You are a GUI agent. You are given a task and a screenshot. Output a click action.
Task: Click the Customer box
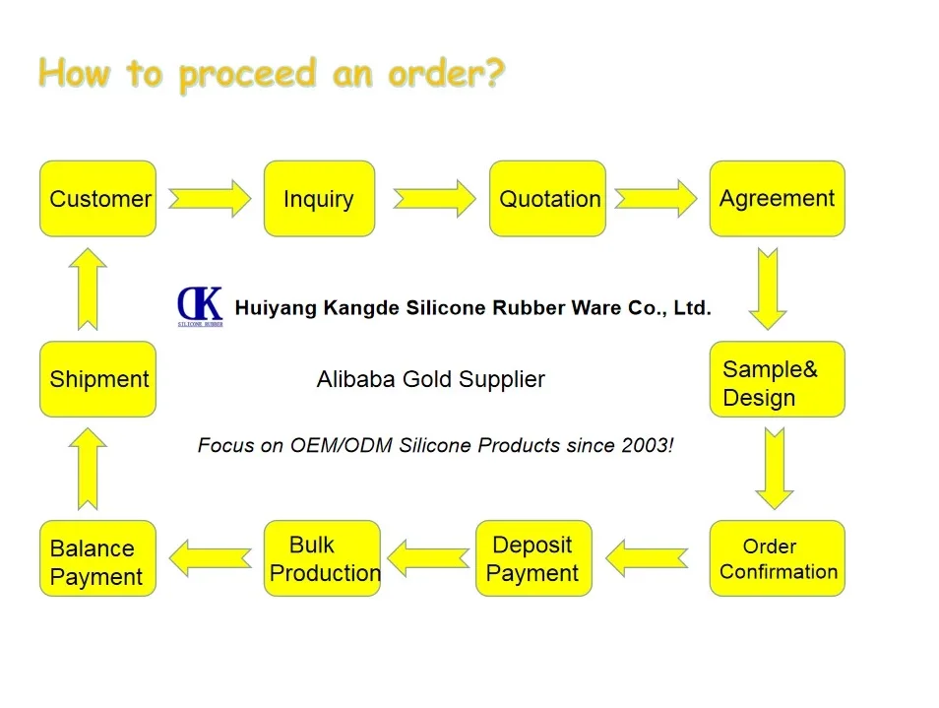[x=97, y=199]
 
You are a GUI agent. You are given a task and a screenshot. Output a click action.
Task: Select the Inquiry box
[x=319, y=199]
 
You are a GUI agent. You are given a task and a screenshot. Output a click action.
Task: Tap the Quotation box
[x=547, y=199]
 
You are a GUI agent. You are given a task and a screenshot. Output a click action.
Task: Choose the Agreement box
[x=777, y=199]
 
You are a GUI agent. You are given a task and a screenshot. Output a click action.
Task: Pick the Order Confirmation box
[x=777, y=558]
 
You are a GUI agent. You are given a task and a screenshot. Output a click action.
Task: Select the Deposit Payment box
[x=533, y=558]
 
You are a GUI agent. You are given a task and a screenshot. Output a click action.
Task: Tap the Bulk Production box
[x=322, y=558]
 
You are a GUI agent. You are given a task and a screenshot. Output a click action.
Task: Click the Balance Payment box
[x=97, y=558]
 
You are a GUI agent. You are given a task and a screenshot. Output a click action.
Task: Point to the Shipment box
[x=97, y=380]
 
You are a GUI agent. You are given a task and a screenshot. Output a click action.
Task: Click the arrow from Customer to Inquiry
[x=210, y=199]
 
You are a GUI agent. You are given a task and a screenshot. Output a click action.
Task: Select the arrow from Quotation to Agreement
[x=656, y=199]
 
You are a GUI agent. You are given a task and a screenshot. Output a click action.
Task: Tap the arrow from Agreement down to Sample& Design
[x=768, y=288]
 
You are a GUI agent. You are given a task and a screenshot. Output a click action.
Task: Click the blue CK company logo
[x=200, y=305]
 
